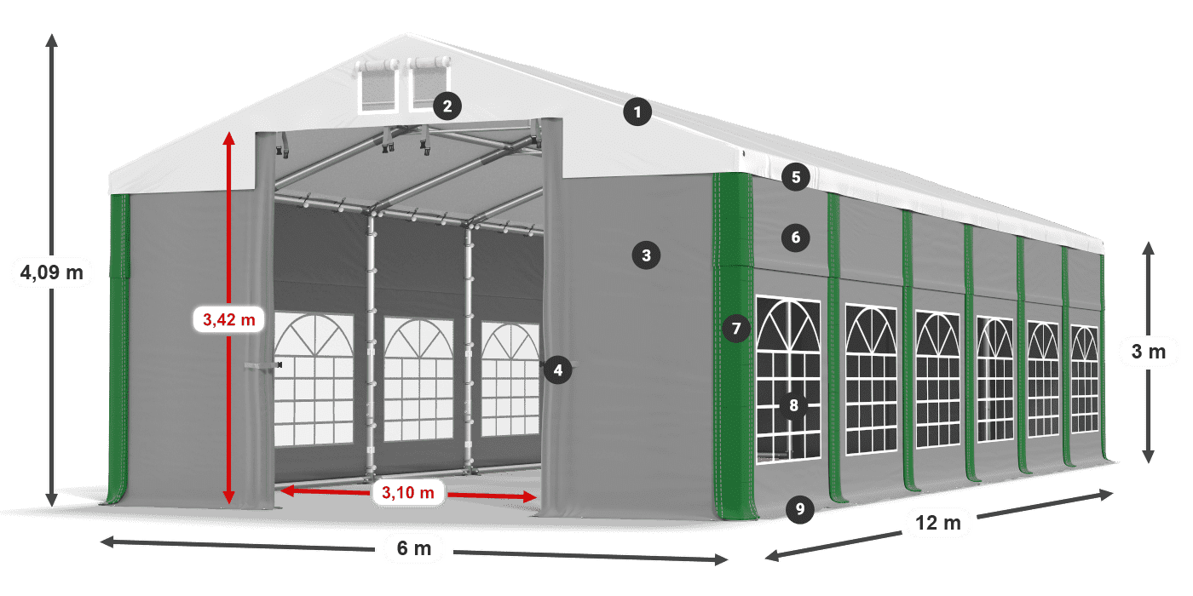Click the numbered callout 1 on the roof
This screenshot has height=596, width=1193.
637,112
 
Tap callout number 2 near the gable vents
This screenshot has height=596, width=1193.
447,106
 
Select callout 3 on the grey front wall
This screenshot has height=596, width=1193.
646,255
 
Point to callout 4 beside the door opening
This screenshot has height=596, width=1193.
557,370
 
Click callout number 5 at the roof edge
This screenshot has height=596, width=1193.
796,177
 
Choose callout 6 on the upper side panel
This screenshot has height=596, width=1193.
796,238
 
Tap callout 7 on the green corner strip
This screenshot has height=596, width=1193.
736,329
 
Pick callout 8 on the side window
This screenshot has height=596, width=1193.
793,405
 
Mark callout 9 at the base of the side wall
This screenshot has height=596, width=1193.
799,509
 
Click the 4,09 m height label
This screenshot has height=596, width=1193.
52,273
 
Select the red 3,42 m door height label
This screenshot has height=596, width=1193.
229,320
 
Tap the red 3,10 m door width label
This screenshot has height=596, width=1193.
408,493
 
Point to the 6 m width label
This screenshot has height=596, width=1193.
414,548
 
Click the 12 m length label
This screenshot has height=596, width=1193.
938,523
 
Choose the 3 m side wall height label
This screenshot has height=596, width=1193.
1149,352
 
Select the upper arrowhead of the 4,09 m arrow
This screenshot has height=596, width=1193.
52,40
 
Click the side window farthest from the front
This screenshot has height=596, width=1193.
1084,380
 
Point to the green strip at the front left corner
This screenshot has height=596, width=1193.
119,348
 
